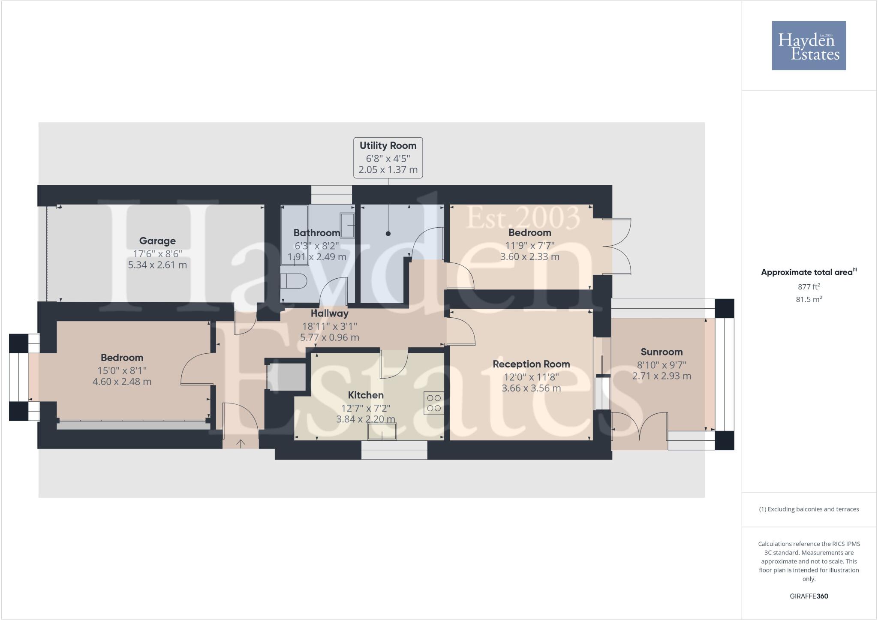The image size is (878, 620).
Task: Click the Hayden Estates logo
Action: [x=809, y=45]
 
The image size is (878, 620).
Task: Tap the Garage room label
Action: [x=157, y=241]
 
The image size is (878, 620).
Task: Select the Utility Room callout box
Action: [x=388, y=157]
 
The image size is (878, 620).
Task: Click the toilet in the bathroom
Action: [x=294, y=282]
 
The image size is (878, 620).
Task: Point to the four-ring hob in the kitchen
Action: [x=433, y=403]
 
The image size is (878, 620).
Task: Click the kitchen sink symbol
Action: [x=382, y=431]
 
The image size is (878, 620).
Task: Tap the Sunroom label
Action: [x=662, y=352]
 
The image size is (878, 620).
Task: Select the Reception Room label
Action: [x=531, y=364]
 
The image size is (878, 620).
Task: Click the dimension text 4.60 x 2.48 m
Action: [x=122, y=382]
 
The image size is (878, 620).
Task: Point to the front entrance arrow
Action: [x=241, y=444]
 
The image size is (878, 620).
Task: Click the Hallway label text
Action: [x=329, y=313]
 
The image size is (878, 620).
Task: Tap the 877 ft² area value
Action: [x=809, y=287]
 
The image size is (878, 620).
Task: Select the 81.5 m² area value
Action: [x=809, y=299]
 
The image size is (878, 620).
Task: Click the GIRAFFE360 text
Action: [x=809, y=596]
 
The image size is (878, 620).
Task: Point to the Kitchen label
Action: [x=366, y=395]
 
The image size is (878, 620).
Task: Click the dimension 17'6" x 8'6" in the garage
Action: [x=157, y=253]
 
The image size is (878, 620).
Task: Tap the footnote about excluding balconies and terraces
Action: [x=809, y=509]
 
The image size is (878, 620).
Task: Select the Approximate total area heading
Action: [x=807, y=272]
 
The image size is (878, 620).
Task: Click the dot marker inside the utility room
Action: [x=388, y=234]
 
